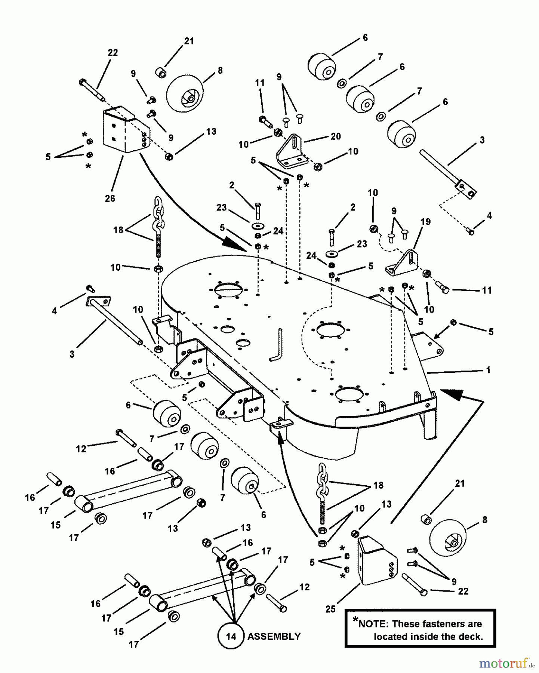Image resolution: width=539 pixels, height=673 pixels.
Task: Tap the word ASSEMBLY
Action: (274, 636)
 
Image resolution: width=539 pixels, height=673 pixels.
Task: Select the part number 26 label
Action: (110, 198)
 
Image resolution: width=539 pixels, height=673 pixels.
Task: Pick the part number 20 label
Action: (336, 136)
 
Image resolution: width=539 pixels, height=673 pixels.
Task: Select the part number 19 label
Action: (425, 222)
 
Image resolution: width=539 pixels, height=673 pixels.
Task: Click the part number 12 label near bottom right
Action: (304, 587)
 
